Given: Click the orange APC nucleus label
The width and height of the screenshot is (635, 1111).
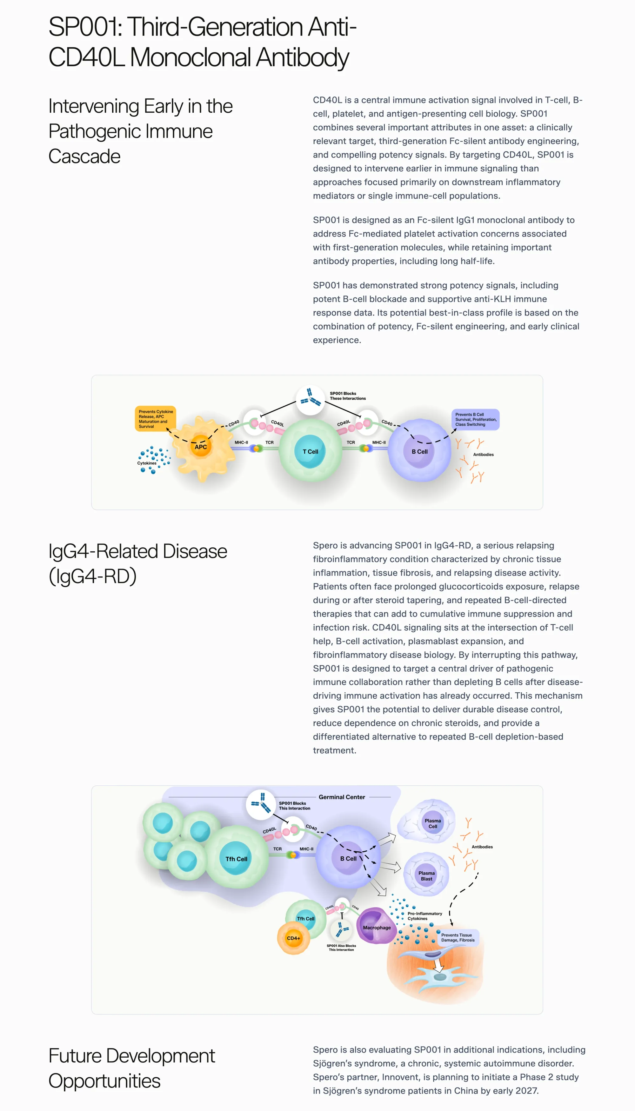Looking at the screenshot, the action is coord(201,447).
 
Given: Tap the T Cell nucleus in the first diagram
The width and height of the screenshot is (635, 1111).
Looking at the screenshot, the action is coord(310,451).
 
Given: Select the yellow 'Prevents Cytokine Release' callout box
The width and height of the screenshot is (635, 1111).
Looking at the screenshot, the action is coord(155,419).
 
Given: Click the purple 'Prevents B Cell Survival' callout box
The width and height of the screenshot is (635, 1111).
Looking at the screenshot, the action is coord(475,419).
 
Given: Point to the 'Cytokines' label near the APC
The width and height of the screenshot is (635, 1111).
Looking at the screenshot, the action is coord(147,463).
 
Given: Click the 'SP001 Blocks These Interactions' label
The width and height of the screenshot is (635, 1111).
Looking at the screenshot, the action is coord(348,396).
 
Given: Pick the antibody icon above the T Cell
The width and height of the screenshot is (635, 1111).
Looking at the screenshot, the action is coord(310,398).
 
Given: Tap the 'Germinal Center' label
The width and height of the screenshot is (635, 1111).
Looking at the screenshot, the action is coord(342,797).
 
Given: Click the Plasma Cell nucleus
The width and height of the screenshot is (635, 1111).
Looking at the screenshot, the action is coord(433,823).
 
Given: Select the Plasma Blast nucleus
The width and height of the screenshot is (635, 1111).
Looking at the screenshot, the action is coord(426,875).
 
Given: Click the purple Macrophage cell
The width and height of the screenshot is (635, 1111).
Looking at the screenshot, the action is coord(376,926).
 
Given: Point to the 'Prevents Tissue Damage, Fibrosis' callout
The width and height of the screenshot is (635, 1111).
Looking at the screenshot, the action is coord(458,937).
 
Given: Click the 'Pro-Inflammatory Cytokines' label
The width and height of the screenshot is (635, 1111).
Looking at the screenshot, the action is coord(424,916).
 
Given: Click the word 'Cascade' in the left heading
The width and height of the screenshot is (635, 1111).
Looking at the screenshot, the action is coord(84,156).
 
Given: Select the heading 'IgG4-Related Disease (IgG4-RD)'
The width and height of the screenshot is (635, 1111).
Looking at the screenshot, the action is coord(138,563).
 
